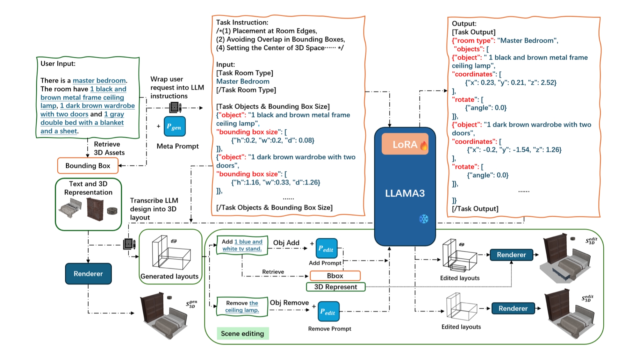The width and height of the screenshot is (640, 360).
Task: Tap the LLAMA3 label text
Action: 405,193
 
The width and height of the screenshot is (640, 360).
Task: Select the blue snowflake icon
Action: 423,219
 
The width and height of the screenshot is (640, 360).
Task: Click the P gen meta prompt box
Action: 175,126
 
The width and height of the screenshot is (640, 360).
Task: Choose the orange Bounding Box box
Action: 88,166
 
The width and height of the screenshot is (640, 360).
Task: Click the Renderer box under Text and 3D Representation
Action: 88,274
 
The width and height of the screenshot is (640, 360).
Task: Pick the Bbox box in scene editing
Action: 335,276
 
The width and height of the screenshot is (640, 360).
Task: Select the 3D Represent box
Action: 335,287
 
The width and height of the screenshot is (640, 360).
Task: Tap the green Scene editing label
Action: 242,334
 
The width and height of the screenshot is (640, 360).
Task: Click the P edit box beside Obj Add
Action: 326,248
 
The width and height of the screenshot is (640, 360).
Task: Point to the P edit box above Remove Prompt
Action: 328,311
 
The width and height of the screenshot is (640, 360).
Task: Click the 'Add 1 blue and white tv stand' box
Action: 242,245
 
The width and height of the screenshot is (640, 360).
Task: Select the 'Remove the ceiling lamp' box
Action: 242,306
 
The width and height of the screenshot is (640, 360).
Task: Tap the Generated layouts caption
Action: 169,277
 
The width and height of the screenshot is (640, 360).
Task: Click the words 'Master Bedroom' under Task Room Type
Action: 243,82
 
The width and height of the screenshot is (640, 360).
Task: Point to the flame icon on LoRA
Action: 424,146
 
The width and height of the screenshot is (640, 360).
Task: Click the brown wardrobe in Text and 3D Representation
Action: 95,209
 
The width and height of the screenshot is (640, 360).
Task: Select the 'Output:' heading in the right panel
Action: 464,24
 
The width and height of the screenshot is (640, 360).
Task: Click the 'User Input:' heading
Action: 58,64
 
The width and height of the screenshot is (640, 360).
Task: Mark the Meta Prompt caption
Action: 177,146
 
